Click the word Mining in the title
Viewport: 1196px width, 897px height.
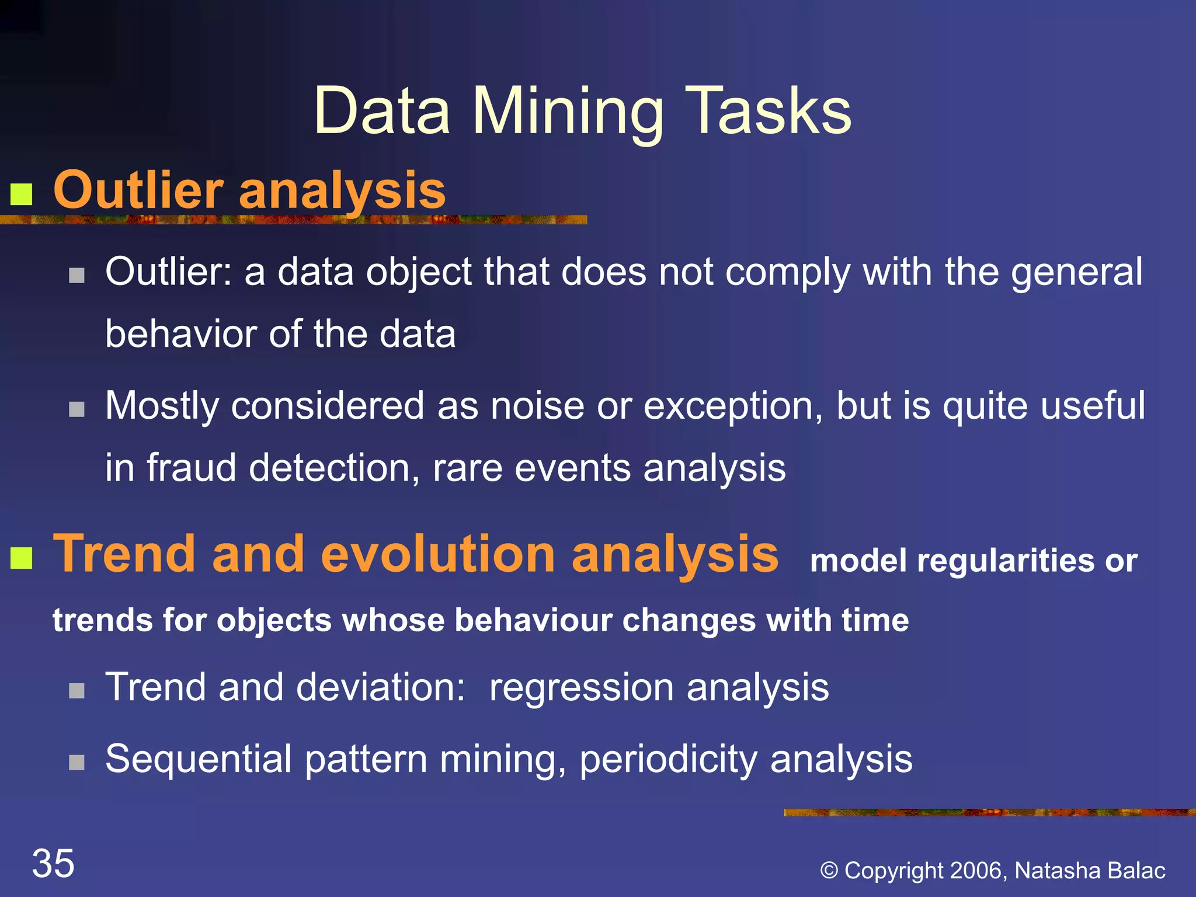point(568,112)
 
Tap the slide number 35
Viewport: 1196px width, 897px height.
point(53,863)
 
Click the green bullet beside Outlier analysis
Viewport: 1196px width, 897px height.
point(22,194)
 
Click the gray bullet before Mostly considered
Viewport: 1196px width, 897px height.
point(77,409)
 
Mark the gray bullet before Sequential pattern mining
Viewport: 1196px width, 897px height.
point(77,762)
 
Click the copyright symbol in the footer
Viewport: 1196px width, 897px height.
point(829,871)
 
